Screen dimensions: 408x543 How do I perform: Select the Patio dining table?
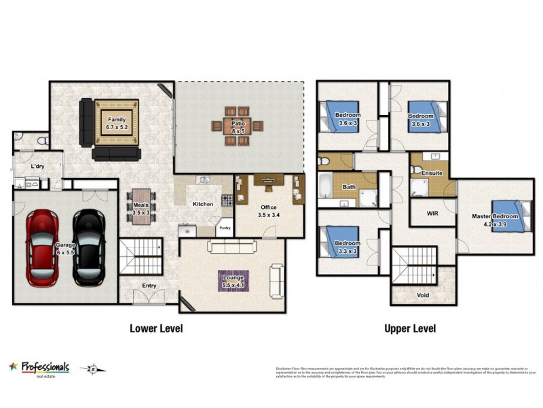tap(238, 126)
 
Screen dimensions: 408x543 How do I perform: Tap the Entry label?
tap(149, 286)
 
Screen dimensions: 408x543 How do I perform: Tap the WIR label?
tap(432, 213)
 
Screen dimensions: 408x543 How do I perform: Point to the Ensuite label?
tap(432, 173)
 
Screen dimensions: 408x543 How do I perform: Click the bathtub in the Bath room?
tap(326, 186)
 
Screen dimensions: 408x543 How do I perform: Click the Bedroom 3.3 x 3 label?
tap(347, 246)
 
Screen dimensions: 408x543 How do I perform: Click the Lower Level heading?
tap(156, 328)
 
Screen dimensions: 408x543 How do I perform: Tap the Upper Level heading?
tap(410, 328)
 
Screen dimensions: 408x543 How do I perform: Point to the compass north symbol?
tap(91, 369)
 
